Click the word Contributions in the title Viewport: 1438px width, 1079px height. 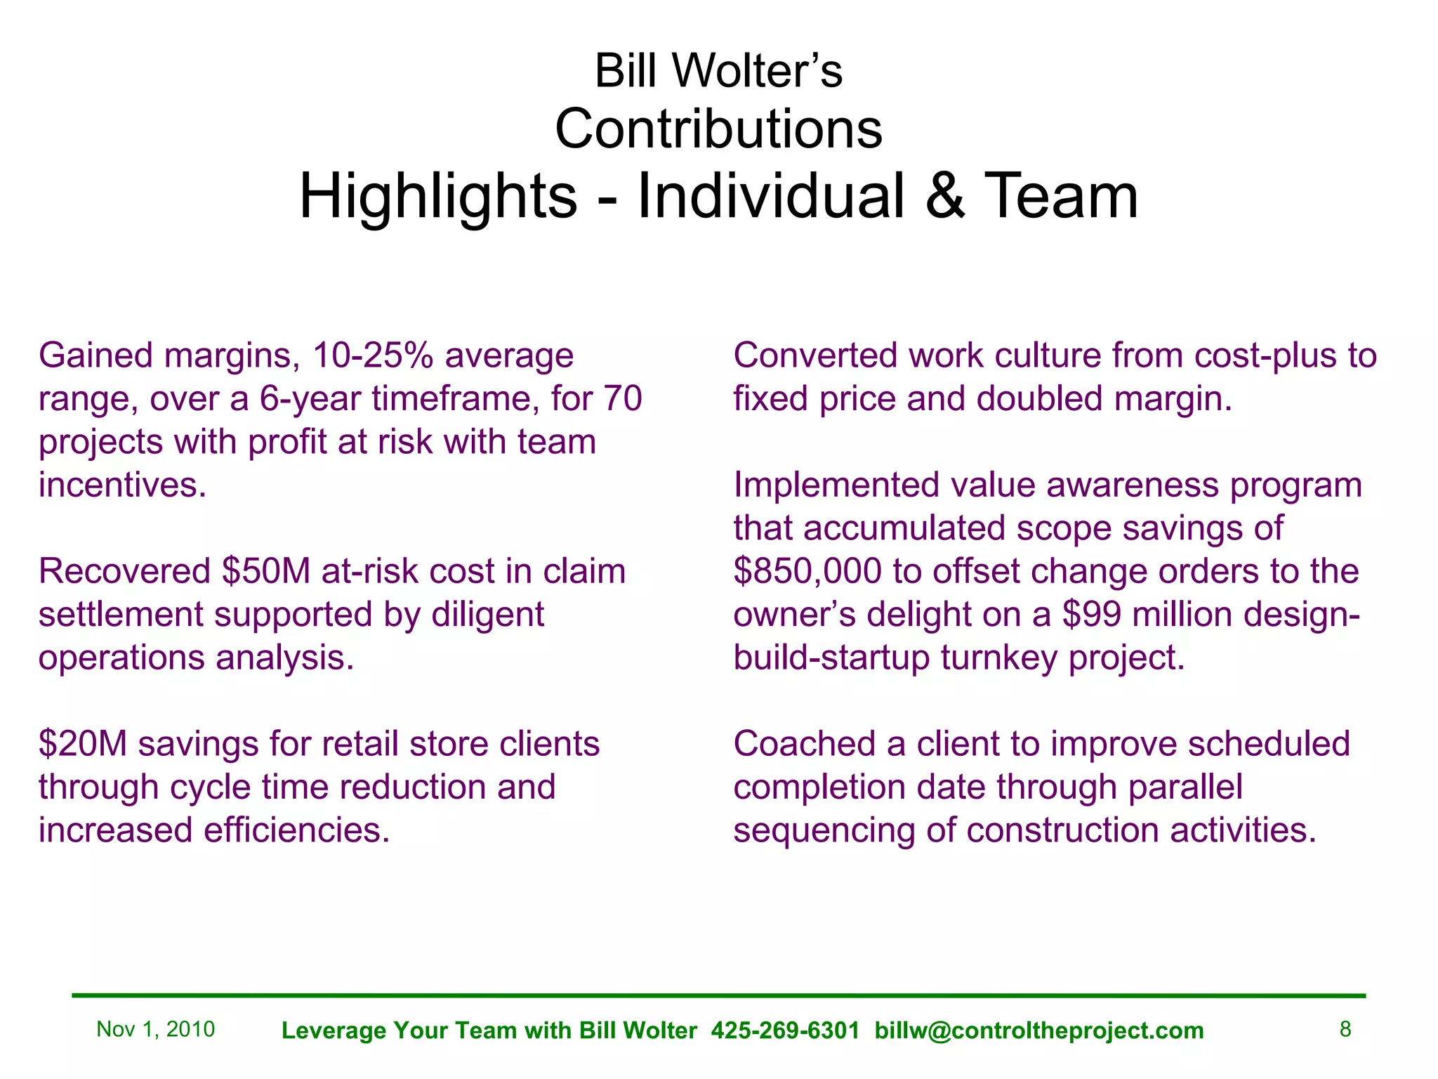point(718,129)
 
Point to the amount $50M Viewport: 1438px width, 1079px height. point(266,571)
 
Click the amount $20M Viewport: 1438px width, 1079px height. point(83,744)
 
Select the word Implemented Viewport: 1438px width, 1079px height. point(836,485)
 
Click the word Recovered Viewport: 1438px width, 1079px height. point(124,571)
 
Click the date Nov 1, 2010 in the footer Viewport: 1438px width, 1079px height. point(155,1029)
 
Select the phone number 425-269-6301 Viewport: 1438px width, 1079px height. point(785,1031)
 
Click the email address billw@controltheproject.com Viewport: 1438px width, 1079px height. point(1039,1031)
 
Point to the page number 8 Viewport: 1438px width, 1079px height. point(1345,1029)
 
